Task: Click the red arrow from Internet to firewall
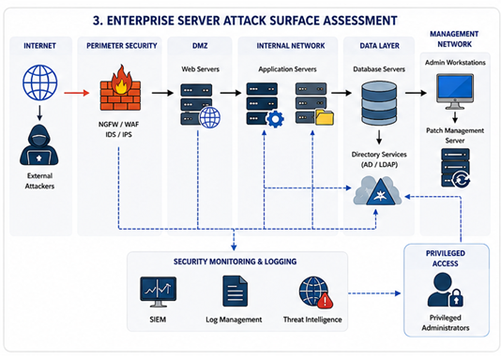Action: (x=76, y=93)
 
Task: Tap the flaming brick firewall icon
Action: (x=120, y=88)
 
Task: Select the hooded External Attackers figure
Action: (x=39, y=145)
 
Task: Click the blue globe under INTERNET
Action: (x=40, y=82)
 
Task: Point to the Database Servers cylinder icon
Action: (x=379, y=103)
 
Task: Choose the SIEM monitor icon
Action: (x=159, y=292)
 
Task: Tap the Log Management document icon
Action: (x=235, y=291)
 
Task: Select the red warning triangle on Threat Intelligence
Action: (x=325, y=300)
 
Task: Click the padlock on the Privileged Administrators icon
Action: (x=456, y=298)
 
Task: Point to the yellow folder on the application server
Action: (x=325, y=116)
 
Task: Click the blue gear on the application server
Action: (x=275, y=119)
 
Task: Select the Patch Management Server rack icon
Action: (x=456, y=168)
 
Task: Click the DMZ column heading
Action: (x=200, y=46)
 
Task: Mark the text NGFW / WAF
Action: (x=118, y=124)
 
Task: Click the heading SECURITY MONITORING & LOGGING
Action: (x=235, y=262)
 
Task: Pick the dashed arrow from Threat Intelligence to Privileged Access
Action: (x=374, y=293)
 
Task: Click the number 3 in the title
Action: (x=97, y=21)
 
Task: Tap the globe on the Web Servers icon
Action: (x=210, y=117)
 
